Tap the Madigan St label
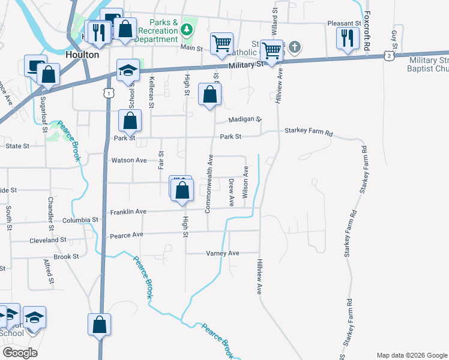pos(243,119)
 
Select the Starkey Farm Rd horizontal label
pos(309,131)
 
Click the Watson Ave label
pos(129,160)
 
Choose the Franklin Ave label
pos(128,212)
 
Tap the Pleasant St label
pos(343,23)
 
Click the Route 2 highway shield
pos(390,56)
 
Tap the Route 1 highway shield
pos(108,92)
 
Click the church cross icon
pos(294,46)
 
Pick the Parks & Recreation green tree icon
pos(187,28)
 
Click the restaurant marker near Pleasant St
pos(346,38)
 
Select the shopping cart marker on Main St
pos(221,43)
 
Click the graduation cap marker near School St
pos(127,70)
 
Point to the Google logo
pos(20,353)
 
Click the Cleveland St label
pos(48,239)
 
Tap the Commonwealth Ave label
pos(209,184)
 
